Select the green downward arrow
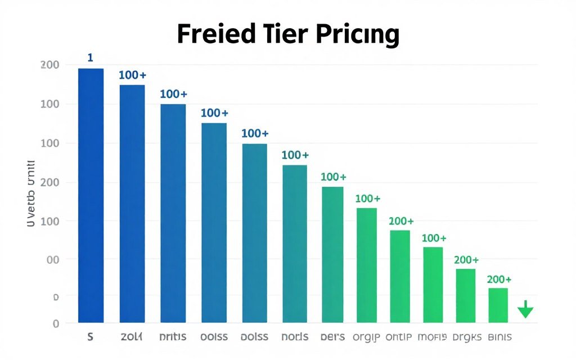[525, 309]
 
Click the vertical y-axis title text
[31, 193]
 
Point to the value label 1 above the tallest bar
[90, 57]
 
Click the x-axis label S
[90, 337]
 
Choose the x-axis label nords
[295, 337]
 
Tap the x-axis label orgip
[367, 337]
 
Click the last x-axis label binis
[499, 337]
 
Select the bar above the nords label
[295, 244]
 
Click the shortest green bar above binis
[498, 305]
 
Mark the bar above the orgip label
[367, 265]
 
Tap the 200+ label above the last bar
[499, 280]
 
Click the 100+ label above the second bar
[132, 75]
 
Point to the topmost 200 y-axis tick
[50, 65]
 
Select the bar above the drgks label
[465, 296]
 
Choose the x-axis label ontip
[399, 337]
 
